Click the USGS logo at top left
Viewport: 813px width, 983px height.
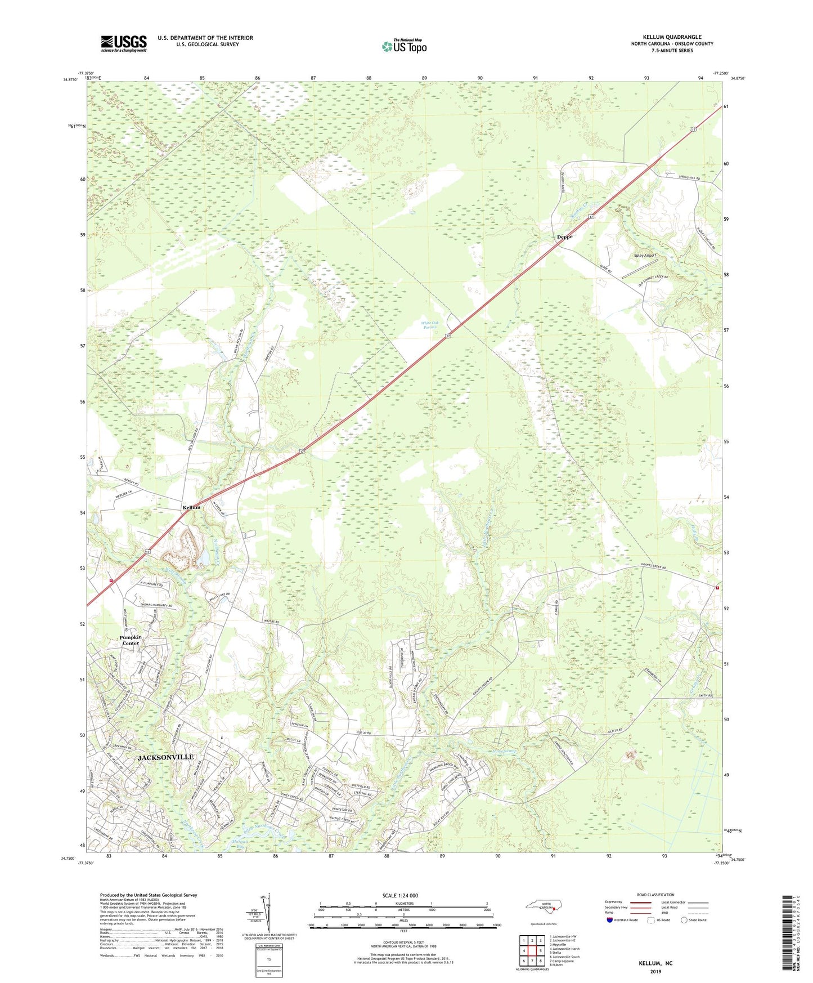pos(123,43)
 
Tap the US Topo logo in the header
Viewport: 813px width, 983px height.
pos(403,46)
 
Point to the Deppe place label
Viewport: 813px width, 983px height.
pos(564,237)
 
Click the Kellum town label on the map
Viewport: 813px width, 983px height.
pos(191,507)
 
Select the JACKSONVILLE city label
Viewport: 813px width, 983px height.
pos(165,758)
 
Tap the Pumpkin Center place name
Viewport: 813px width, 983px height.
pos(131,640)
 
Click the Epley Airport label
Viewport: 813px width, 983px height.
pos(645,256)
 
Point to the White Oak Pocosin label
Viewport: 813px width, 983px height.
pos(430,325)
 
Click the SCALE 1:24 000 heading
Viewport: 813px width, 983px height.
pos(400,896)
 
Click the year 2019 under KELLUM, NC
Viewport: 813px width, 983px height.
pos(655,971)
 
